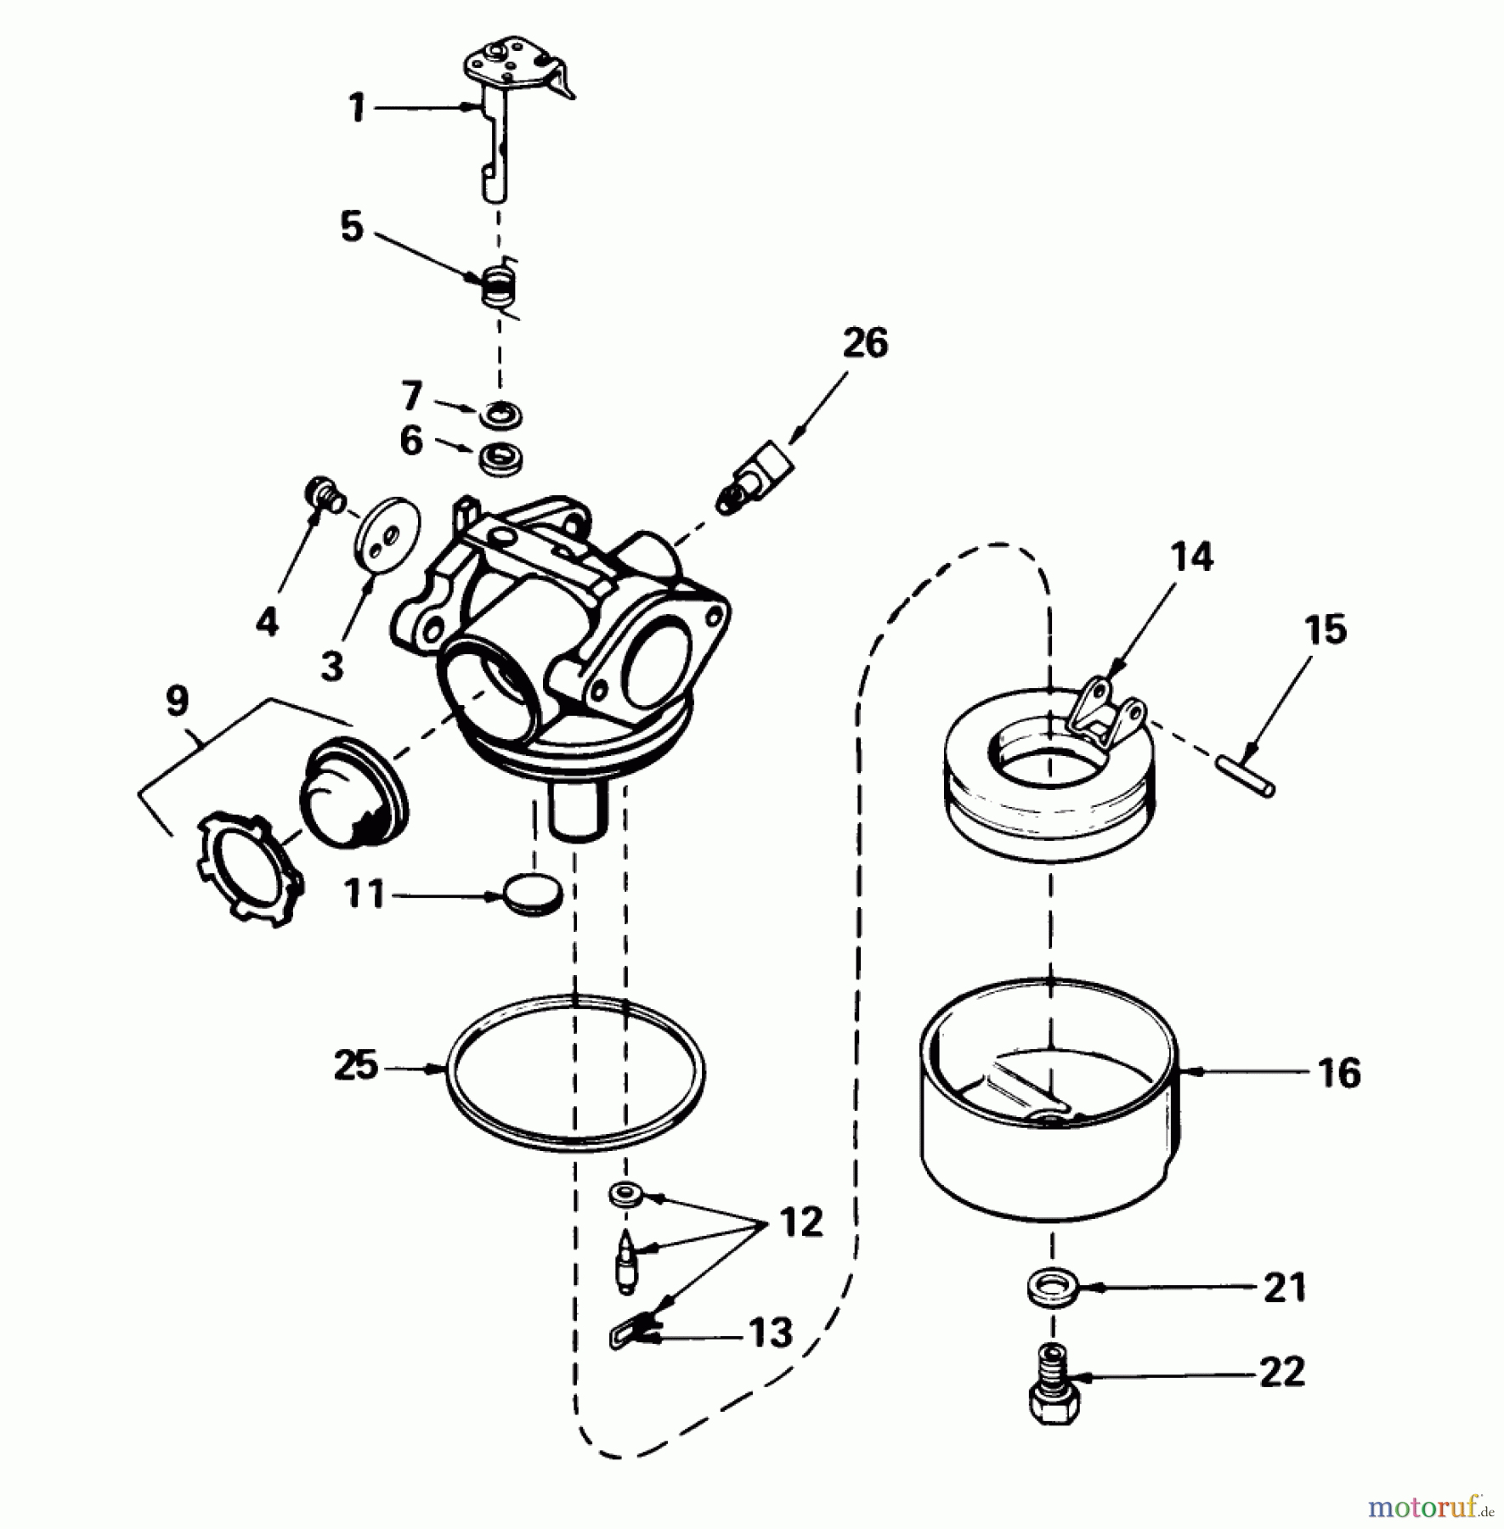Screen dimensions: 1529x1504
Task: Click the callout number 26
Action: tap(865, 343)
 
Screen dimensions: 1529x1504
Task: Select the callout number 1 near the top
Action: tap(357, 109)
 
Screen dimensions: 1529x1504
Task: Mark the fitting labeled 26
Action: tap(758, 478)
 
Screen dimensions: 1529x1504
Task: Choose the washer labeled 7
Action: tap(500, 417)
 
